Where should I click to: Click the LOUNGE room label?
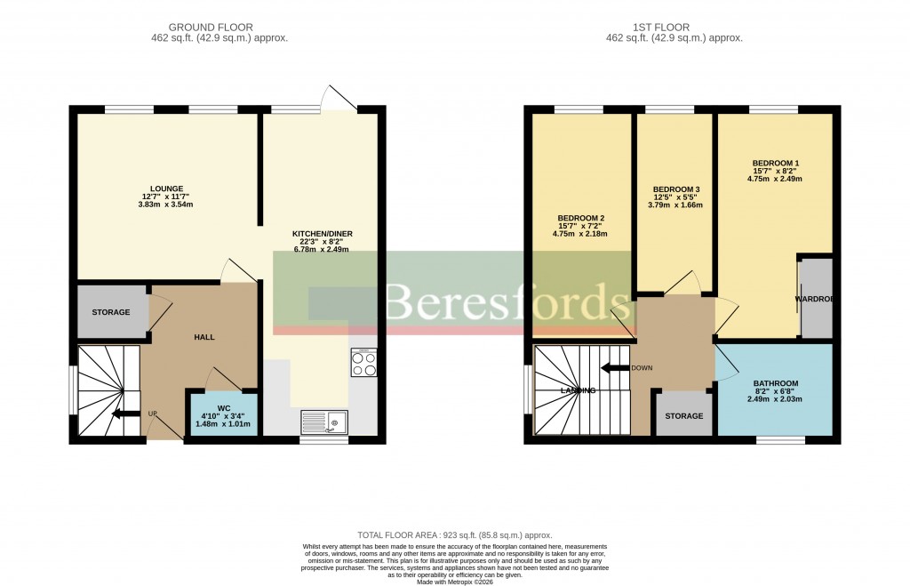166,189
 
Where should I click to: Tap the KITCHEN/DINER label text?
323,234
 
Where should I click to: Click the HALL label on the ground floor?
205,336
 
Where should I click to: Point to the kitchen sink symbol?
324,421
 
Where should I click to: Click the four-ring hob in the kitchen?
363,364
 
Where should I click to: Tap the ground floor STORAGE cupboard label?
111,312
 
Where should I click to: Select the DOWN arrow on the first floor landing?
615,367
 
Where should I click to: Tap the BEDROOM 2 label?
581,219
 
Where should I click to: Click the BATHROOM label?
775,383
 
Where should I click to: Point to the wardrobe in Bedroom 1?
816,299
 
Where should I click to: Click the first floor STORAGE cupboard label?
683,415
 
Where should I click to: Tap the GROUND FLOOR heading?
220,28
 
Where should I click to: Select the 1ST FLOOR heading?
674,28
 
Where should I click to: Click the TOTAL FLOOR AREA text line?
455,535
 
